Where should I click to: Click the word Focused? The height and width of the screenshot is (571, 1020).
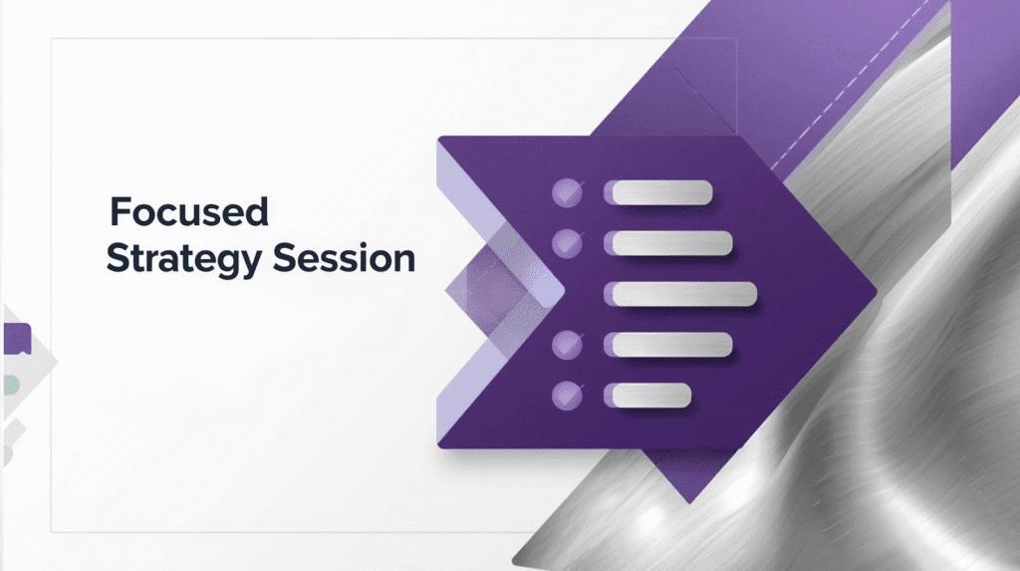188,211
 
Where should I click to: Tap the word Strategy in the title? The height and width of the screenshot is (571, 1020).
183,259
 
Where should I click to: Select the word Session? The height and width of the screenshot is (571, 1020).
344,258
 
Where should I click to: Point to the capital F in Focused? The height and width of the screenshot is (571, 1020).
120,211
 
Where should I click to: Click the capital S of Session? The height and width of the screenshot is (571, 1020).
284,258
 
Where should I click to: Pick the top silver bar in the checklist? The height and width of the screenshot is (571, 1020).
661,192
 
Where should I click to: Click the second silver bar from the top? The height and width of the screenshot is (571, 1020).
672,243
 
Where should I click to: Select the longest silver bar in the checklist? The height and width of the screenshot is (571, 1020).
683,294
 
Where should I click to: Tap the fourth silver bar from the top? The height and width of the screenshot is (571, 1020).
672,345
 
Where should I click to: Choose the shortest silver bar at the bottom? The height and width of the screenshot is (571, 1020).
651,396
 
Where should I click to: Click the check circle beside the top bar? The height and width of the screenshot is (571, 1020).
567,192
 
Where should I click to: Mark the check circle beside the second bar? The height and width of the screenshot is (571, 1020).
567,243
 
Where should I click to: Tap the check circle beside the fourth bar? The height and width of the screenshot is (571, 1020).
567,345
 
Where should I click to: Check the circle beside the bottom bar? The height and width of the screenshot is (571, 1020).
567,396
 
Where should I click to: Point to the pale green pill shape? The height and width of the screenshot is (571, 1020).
11,386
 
